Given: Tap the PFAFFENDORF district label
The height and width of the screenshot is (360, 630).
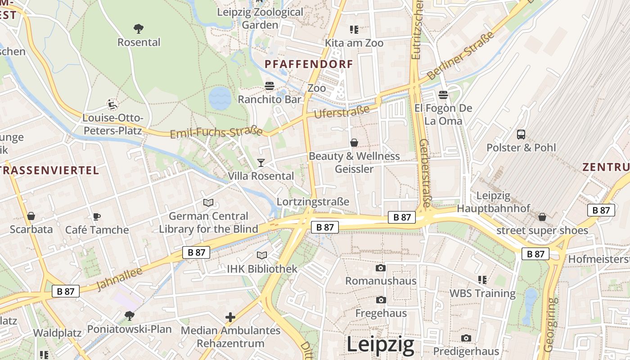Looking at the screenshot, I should coord(309,64).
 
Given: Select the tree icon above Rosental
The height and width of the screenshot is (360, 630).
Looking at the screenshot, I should coord(139,29).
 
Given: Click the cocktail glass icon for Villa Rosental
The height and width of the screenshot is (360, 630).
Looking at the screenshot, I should coord(261,162).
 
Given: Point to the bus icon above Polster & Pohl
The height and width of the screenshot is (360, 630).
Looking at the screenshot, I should coord(521,134).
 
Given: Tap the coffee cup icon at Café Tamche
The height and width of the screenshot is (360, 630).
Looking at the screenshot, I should coord(97,216).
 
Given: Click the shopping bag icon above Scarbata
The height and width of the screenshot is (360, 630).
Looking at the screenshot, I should coord(31,216).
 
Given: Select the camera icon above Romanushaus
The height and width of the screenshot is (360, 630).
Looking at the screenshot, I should coord(380,268).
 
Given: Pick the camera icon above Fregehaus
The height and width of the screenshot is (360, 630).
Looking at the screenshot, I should coord(381,300).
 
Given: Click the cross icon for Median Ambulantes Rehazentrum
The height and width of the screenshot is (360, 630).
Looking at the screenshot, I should coord(230,317).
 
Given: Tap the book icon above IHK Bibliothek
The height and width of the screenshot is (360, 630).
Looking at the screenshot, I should coord(262,255).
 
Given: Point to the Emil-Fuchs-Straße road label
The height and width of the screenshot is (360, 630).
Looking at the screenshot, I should coord(216,133).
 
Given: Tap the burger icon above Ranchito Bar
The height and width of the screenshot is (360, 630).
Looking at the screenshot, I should coord(270,86).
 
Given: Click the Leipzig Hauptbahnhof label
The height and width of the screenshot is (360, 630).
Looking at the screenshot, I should coord(494,202).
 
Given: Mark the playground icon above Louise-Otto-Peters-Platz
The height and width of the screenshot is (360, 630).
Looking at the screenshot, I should coord(112,104).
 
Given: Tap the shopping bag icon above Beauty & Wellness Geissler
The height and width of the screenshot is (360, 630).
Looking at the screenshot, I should coord(354,143).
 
